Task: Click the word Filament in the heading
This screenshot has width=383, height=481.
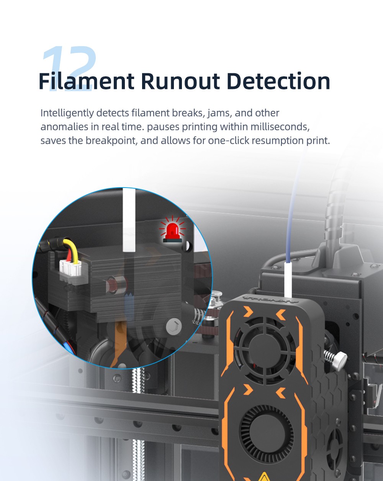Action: click(87, 81)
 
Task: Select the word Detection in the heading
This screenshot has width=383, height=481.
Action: click(278, 81)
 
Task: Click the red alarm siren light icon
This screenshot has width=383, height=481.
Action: click(172, 230)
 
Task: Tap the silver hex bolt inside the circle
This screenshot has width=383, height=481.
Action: click(174, 326)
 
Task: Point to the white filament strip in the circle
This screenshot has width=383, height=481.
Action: click(129, 220)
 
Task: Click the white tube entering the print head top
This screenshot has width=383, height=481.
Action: click(288, 280)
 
